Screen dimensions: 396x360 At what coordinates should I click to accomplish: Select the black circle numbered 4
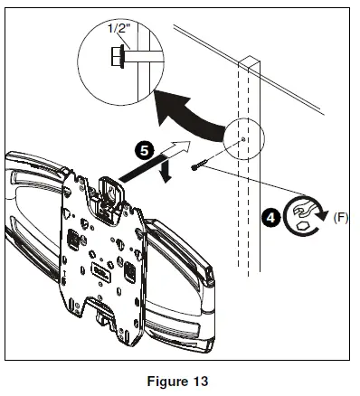[268, 217]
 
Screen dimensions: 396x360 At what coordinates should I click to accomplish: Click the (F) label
[342, 216]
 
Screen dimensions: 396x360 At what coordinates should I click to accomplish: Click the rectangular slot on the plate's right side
[131, 269]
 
